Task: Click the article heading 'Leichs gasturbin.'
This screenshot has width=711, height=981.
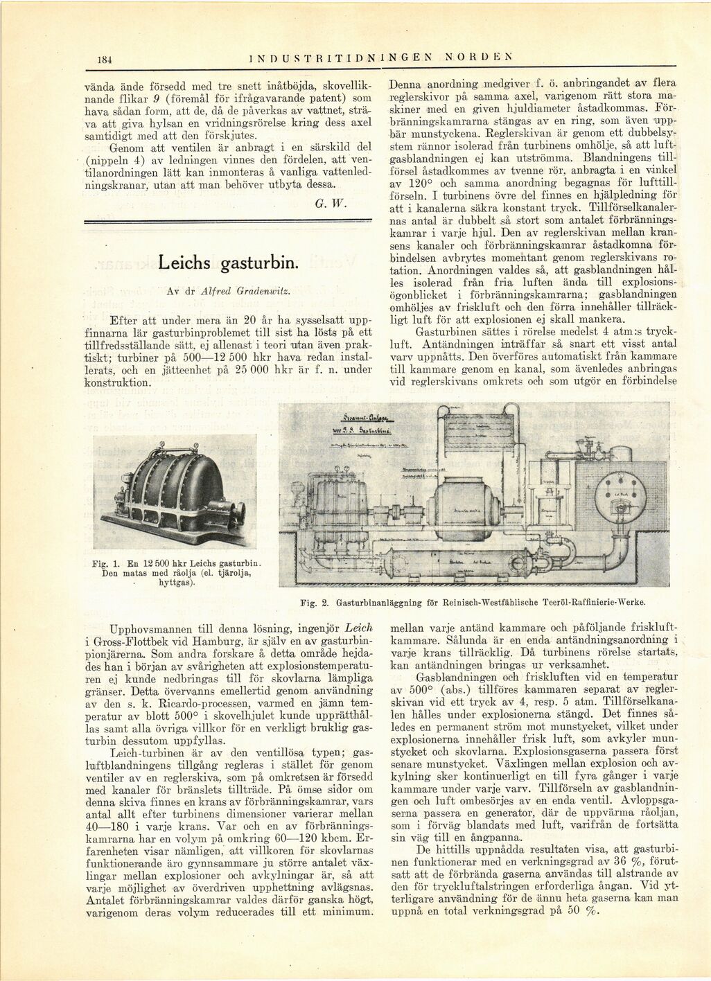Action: tap(228, 263)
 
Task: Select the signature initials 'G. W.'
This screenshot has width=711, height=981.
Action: tap(326, 204)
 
